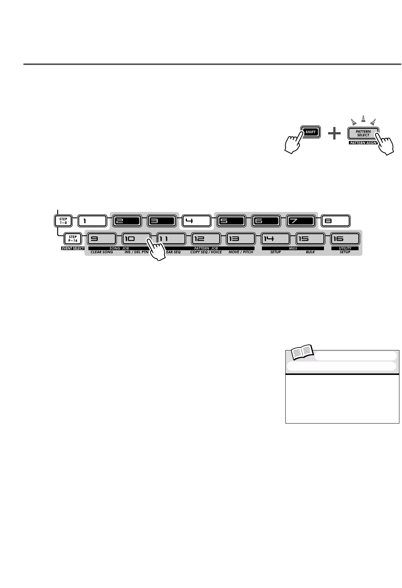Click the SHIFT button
[310, 132]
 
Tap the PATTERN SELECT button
[363, 133]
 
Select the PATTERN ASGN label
[363, 143]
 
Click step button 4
[196, 221]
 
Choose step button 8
[335, 221]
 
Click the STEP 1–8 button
[63, 221]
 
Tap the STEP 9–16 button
[73, 238]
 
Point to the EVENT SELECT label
[73, 248]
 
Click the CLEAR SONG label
[102, 252]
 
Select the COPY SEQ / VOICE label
[208, 252]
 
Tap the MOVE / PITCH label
[240, 252]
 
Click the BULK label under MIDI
[310, 252]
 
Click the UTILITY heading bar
[345, 248]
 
